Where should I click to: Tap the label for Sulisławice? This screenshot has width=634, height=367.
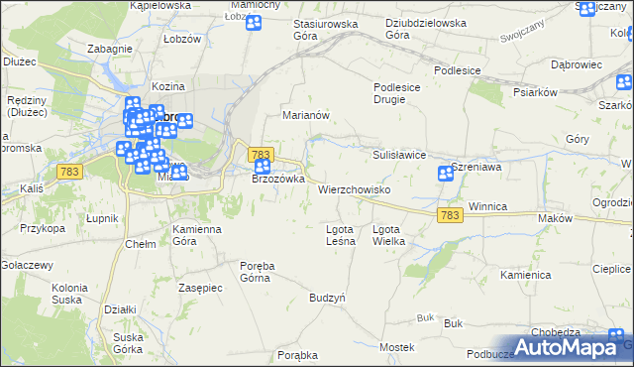point(399,156)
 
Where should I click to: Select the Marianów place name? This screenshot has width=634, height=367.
point(305,115)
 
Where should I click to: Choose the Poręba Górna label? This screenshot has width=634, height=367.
point(263,271)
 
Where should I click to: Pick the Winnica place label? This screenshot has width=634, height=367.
point(487,206)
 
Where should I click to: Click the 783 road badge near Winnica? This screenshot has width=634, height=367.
point(449,215)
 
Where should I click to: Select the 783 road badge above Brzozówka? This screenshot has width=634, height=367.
point(261,155)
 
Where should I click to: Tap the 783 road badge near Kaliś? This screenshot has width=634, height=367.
point(69,173)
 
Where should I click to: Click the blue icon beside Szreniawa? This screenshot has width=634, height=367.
point(446,175)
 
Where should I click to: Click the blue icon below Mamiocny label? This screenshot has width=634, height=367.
point(253,22)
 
